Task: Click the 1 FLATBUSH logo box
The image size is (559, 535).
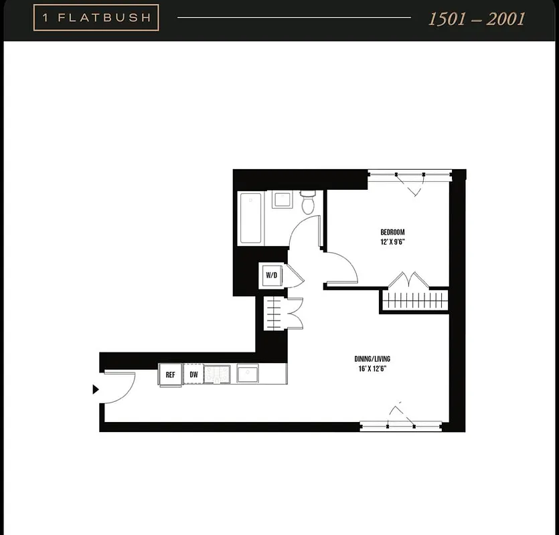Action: click(x=96, y=18)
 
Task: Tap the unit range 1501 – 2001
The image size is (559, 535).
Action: click(x=477, y=19)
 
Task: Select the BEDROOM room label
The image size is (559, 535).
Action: click(x=392, y=232)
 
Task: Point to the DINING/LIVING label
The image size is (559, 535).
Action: click(x=370, y=358)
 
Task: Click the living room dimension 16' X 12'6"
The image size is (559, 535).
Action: click(x=370, y=368)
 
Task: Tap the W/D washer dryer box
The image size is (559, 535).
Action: click(x=271, y=275)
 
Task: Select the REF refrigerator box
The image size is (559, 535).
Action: click(x=171, y=374)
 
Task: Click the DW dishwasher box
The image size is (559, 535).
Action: click(x=193, y=374)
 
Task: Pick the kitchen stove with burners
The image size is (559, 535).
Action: click(x=217, y=374)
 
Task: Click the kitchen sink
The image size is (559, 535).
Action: click(x=247, y=373)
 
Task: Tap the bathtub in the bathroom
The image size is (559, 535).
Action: click(x=251, y=218)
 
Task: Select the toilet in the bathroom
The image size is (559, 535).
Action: click(x=308, y=202)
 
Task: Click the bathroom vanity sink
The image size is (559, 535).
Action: click(x=281, y=199)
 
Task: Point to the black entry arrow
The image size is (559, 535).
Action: click(x=96, y=389)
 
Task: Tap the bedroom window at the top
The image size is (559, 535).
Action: click(x=409, y=176)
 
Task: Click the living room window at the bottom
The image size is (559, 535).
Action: click(x=400, y=425)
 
